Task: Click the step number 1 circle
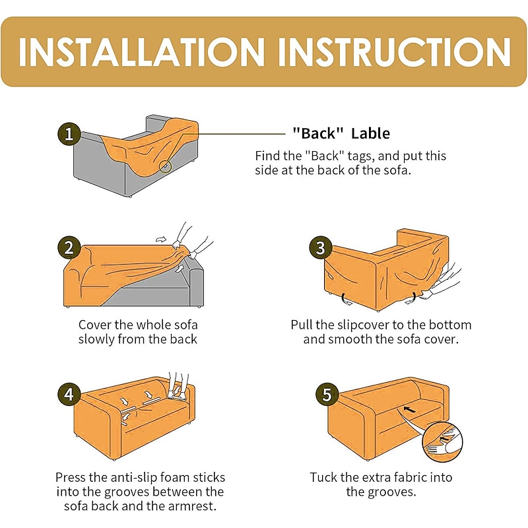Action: coord(69,134)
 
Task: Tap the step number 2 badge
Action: coord(69,247)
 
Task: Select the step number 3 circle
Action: coord(320,247)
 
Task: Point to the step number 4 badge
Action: coord(69,394)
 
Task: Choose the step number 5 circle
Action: coord(327,394)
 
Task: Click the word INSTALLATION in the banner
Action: coord(141,52)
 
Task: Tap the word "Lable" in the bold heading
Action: coord(370,134)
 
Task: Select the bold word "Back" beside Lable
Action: coord(318,133)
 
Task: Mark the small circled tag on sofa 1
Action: coord(166,166)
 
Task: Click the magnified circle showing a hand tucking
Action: coord(442,442)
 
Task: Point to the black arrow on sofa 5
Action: coord(409,409)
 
